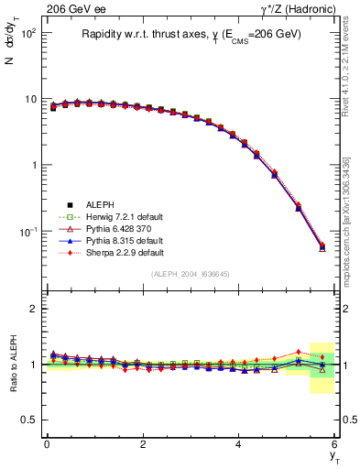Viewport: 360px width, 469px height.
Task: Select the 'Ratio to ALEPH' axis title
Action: pyautogui.click(x=12, y=365)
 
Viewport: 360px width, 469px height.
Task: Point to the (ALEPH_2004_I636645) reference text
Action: pyautogui.click(x=191, y=274)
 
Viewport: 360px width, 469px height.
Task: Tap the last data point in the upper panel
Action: pyautogui.click(x=322, y=246)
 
